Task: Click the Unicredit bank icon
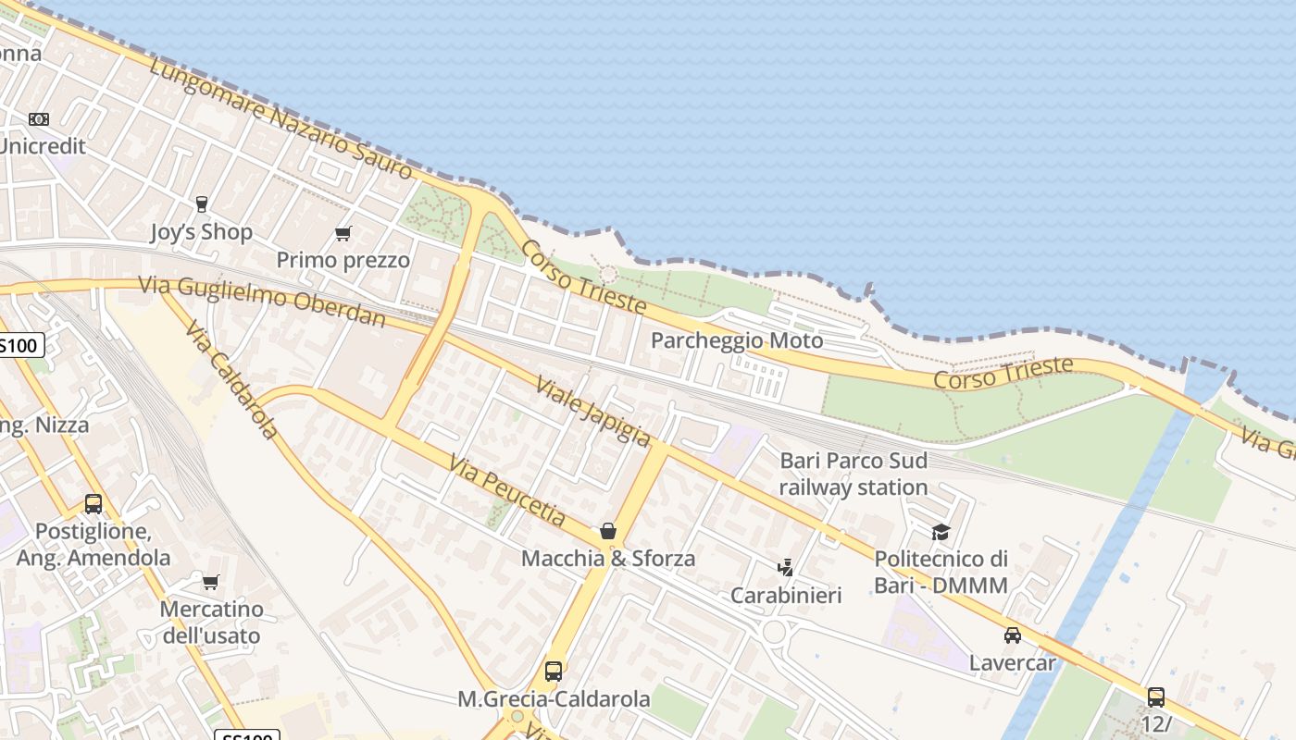pos(38,119)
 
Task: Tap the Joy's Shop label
pos(201,231)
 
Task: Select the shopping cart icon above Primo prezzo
pos(343,233)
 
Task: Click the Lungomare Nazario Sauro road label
pos(280,117)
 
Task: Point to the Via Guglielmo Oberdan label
pos(262,301)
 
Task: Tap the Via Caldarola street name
pos(231,379)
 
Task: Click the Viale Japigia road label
pos(593,411)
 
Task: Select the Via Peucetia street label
pos(506,489)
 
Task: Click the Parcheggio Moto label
pos(736,340)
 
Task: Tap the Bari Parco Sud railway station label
pos(853,474)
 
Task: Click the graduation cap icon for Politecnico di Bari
pos(941,532)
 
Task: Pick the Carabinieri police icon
pos(785,567)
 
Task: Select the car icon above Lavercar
pos(1012,635)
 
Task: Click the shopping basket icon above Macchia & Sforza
pos(607,531)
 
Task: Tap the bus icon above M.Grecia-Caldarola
pos(554,672)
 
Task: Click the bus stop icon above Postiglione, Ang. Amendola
pos(93,504)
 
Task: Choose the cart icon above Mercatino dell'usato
pos(211,582)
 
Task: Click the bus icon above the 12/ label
pos(1155,697)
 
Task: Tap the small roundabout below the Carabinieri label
pos(774,631)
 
